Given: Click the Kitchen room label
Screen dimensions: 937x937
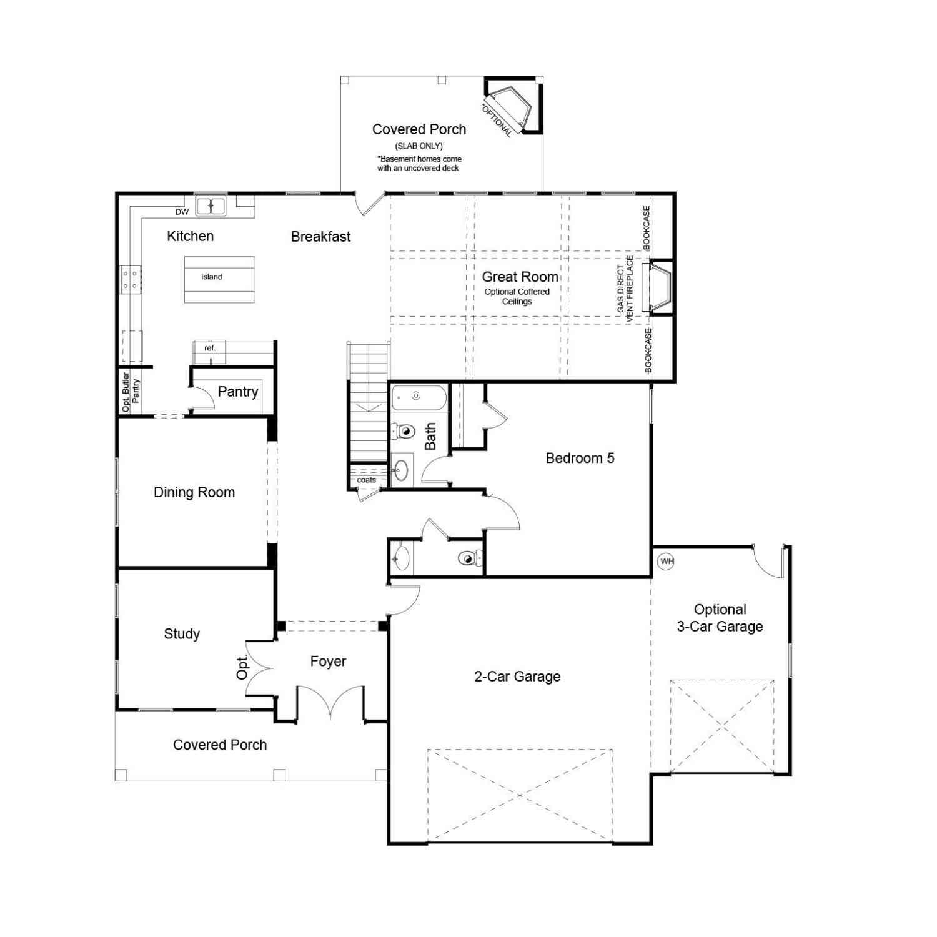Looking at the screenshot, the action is coord(191,236).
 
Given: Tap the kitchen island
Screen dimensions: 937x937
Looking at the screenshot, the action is coord(219,279).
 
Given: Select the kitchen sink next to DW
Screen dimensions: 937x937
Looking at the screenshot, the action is coord(211,206).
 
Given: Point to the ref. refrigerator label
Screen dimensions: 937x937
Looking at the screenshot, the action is coord(210,348).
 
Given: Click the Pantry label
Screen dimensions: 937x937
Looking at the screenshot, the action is coord(238,392).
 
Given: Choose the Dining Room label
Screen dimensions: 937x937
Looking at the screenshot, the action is coord(194,492).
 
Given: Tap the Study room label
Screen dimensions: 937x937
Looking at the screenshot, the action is coord(182,634).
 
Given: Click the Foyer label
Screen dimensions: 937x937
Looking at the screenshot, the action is coord(328,662).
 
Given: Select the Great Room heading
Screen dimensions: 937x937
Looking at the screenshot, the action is coord(520,277).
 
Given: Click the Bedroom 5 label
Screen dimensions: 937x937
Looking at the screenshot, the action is coord(580,458).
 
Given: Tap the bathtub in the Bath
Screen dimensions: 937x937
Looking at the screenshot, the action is coord(419,397).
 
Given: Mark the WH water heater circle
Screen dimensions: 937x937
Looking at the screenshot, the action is coord(667,561).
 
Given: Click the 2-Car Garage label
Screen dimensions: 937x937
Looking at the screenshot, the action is coord(517,677).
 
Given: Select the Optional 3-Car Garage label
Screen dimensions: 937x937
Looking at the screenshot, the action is coord(720,618).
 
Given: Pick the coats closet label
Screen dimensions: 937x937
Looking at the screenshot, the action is coord(367,480).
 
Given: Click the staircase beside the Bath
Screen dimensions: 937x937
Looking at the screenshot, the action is coord(369,403).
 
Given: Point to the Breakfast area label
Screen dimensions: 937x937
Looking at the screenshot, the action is coord(321,237).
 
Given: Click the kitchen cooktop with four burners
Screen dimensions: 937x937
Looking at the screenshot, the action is coord(131,280).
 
